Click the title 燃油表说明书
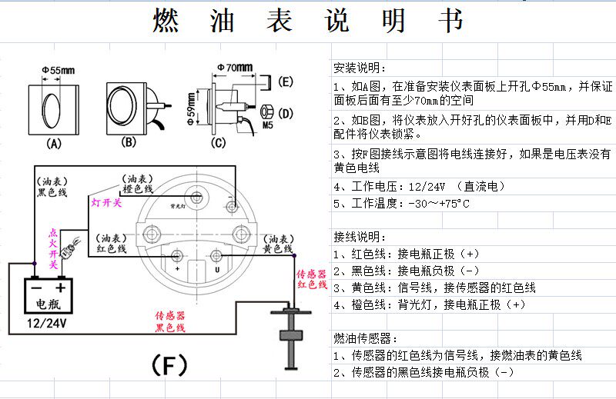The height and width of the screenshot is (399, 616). click(x=308, y=22)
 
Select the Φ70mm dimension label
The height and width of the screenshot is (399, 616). click(x=235, y=68)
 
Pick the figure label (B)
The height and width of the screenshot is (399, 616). click(x=129, y=142)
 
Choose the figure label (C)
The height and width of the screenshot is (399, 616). click(x=219, y=143)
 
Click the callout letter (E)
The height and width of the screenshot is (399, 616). click(x=285, y=81)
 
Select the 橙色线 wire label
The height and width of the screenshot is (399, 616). click(x=137, y=189)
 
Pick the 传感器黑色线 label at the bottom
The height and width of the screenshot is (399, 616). click(x=170, y=322)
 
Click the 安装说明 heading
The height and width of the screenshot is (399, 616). click(x=361, y=67)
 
